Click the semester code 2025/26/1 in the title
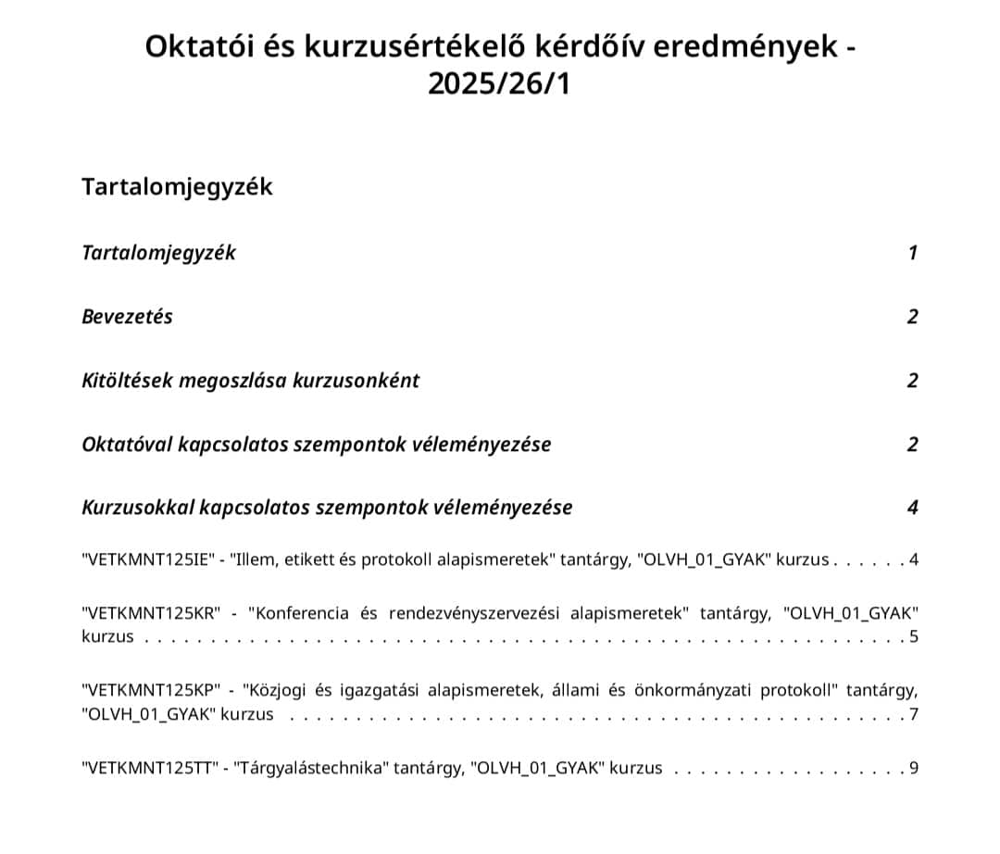500,84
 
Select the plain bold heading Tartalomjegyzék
177,186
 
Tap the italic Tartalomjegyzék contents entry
158,253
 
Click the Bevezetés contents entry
127,317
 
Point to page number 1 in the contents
912,253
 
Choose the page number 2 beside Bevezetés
912,317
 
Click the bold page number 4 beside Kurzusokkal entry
912,508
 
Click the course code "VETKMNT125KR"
152,613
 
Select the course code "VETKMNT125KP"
152,690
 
